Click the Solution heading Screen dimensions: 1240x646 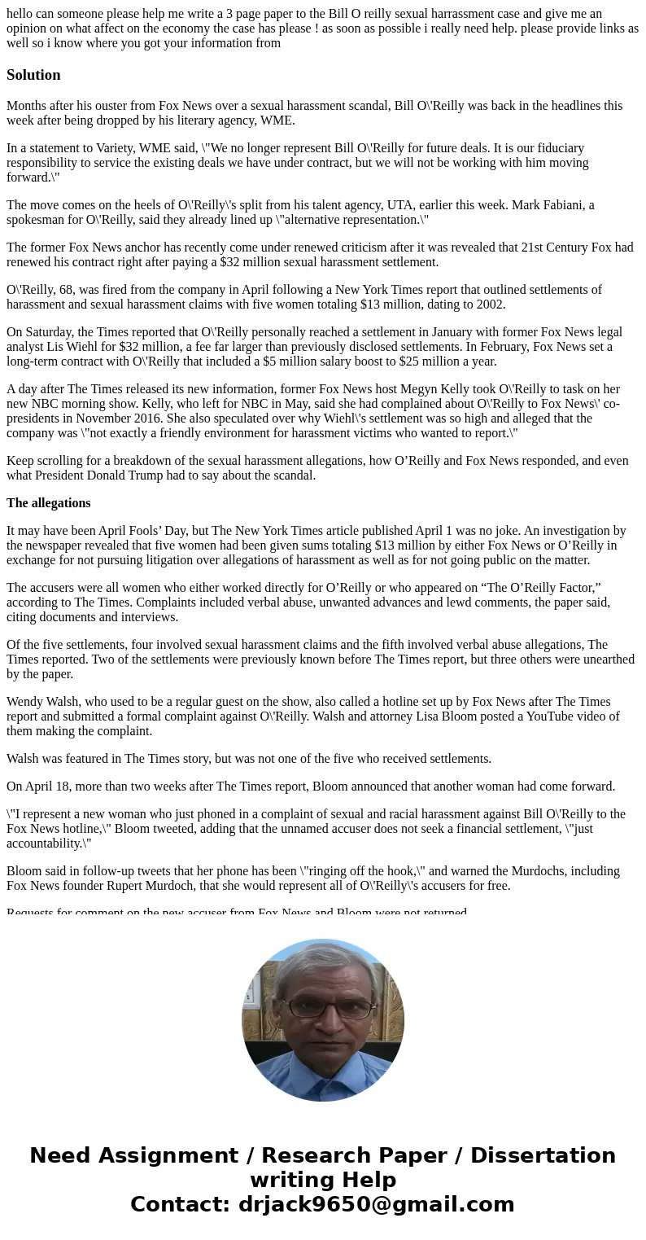tap(33, 75)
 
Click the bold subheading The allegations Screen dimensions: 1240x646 tap(49, 503)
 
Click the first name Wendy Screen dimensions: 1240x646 tap(25, 702)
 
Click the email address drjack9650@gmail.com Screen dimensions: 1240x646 tap(376, 1205)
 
